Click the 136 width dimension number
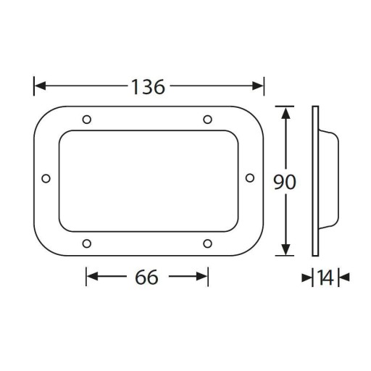[148, 87]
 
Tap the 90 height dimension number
[285, 182]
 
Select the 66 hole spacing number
[146, 277]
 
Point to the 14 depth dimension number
[325, 278]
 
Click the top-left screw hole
[87, 120]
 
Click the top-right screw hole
[208, 120]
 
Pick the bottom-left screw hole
[87, 243]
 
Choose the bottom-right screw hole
[208, 243]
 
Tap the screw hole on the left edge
[46, 179]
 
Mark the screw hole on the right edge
[250, 178]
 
